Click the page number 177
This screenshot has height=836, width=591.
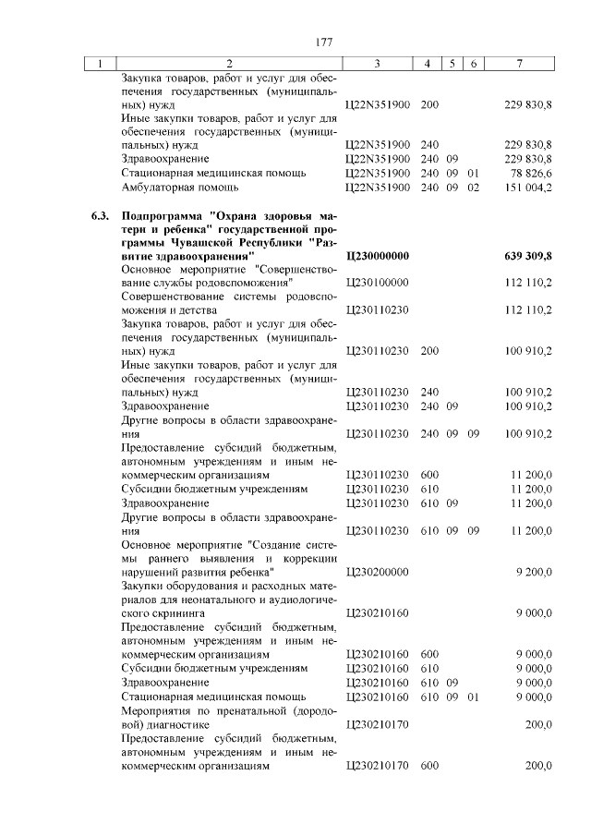322,42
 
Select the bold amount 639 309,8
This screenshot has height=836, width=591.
527,255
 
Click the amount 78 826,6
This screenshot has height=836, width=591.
531,172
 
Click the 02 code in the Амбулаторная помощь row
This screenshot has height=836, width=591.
474,187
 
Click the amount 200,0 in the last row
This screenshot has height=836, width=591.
538,766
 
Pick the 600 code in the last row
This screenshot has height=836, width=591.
429,766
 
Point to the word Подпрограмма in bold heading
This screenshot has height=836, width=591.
162,214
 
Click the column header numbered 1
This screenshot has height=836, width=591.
99,63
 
